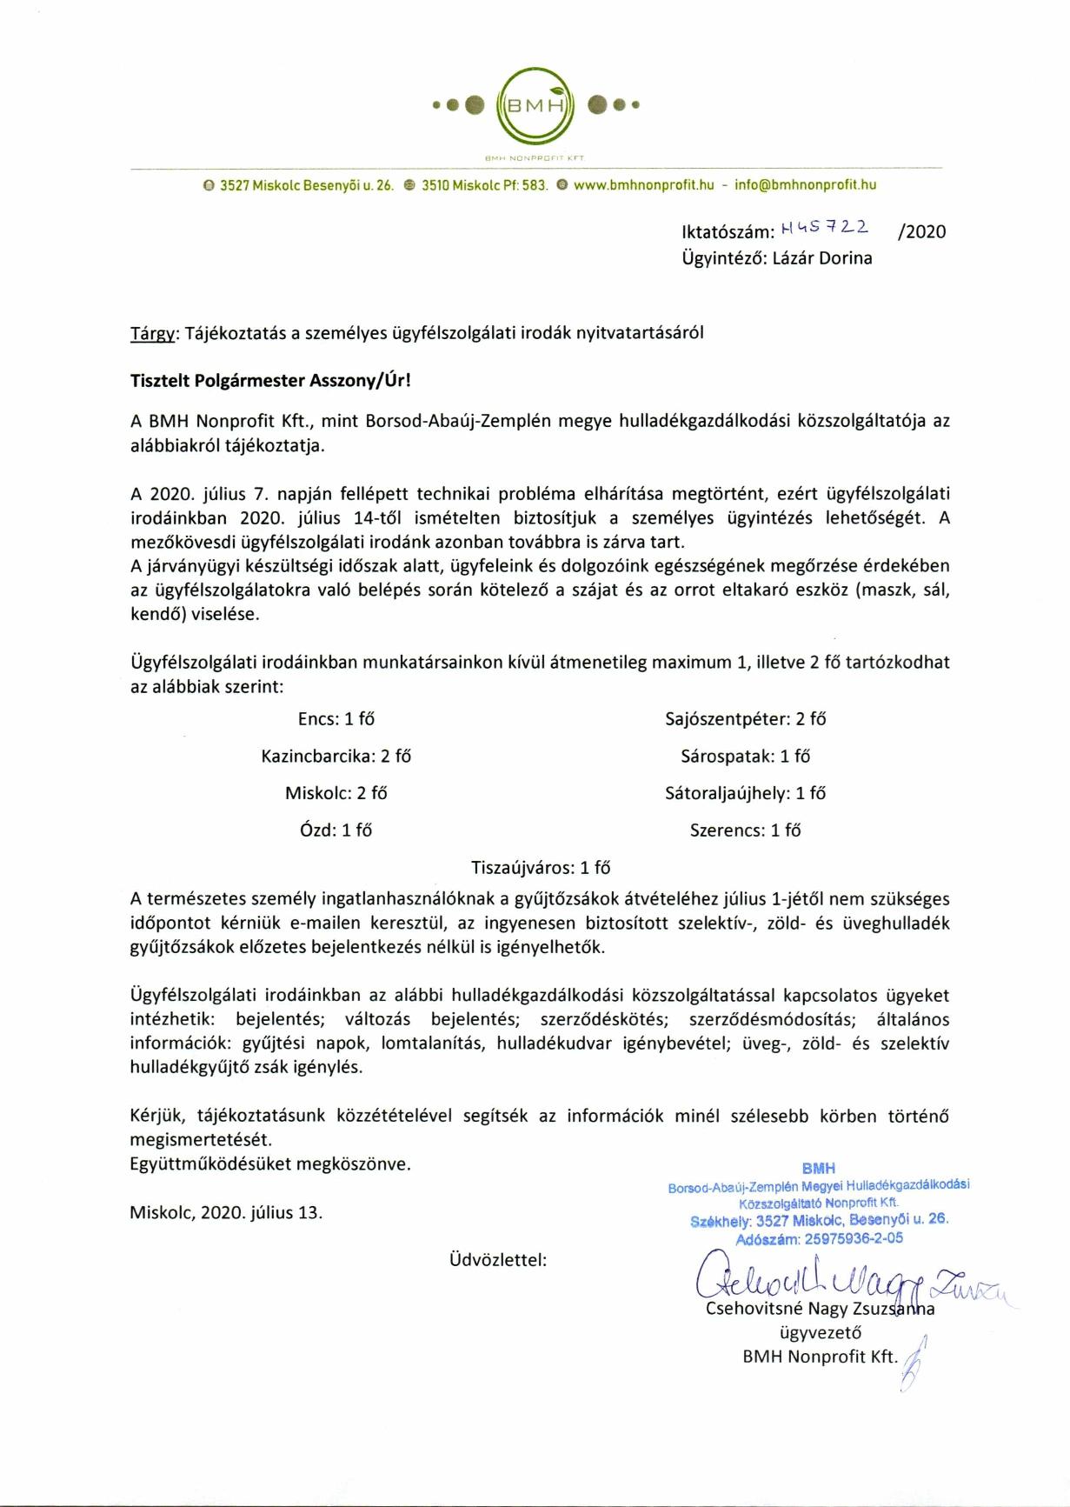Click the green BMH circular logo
pyautogui.click(x=535, y=106)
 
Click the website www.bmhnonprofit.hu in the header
pyautogui.click(x=644, y=185)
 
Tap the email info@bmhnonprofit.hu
pyautogui.click(x=806, y=185)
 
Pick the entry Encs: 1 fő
pyautogui.click(x=336, y=719)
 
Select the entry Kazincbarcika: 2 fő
pyautogui.click(x=336, y=757)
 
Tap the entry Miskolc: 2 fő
pyautogui.click(x=336, y=793)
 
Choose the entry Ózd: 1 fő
pyautogui.click(x=336, y=830)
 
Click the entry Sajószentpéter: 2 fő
pyautogui.click(x=745, y=719)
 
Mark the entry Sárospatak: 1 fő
pyautogui.click(x=745, y=757)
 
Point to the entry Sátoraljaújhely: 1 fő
pyautogui.click(x=745, y=793)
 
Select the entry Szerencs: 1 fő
pyautogui.click(x=745, y=830)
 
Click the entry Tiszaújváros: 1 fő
pyautogui.click(x=540, y=868)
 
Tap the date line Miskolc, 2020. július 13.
pyautogui.click(x=226, y=1213)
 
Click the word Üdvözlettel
pyautogui.click(x=497, y=1259)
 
